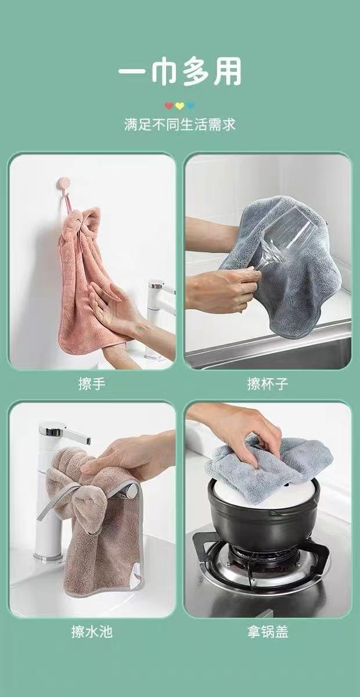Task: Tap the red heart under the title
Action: coord(169,106)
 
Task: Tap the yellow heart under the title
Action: coord(180,106)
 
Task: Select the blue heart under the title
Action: coord(191,106)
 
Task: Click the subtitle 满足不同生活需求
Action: coord(180,125)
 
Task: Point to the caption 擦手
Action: coord(92,384)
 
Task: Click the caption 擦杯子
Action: coord(268,384)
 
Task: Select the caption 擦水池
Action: coord(92,632)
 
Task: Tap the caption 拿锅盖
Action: coord(268,632)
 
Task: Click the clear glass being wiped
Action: coord(287,238)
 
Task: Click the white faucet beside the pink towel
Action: coord(157,314)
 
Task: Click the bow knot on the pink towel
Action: coord(81,224)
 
